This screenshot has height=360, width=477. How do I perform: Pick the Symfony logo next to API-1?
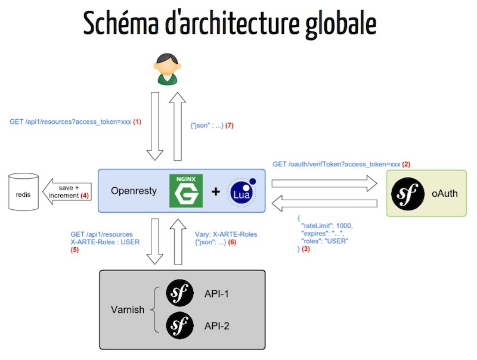(181, 292)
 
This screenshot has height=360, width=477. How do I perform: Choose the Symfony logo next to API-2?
(181, 325)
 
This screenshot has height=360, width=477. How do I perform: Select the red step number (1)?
(137, 122)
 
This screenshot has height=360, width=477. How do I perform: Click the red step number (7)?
(229, 125)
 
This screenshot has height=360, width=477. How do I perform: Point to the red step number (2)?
(407, 163)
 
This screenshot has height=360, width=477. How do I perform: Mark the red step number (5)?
(75, 250)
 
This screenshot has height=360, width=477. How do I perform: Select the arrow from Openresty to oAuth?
(324, 182)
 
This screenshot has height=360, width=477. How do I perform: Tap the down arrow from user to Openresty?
(155, 125)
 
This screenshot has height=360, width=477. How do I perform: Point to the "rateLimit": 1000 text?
(327, 225)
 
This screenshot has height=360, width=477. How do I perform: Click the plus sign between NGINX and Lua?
(216, 192)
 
